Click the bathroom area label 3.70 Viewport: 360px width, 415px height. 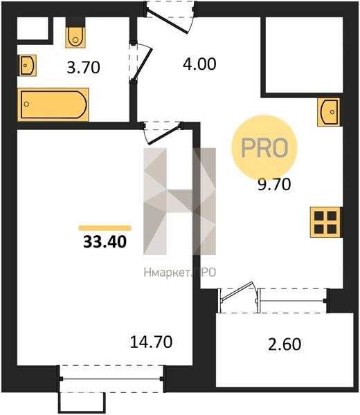coord(84,67)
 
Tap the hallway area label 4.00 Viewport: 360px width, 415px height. coord(199,64)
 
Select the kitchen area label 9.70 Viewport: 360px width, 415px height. coord(274,184)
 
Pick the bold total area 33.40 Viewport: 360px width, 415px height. coord(105,241)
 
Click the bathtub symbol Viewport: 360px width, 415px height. coord(53,105)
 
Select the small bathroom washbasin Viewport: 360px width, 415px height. coord(27,66)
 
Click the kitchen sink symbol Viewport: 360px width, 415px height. coord(329,111)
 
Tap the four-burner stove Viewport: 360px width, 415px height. coord(325,222)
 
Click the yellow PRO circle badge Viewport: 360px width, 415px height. coord(264,148)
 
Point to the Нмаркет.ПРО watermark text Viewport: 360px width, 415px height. coord(180,272)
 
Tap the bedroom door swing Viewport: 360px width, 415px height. coord(163,132)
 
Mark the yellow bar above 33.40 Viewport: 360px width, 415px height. coord(105,228)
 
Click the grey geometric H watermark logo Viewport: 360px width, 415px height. coord(179,201)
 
